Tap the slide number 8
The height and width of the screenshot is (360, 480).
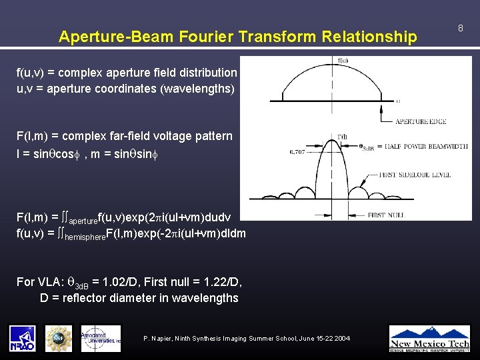(x=460, y=28)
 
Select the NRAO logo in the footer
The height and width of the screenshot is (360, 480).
(x=23, y=337)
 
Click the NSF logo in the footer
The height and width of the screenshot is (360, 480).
(x=59, y=337)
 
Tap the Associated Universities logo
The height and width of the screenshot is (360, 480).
(x=101, y=337)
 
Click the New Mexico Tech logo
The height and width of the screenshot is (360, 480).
(x=429, y=337)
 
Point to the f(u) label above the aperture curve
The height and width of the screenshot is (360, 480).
(x=343, y=61)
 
